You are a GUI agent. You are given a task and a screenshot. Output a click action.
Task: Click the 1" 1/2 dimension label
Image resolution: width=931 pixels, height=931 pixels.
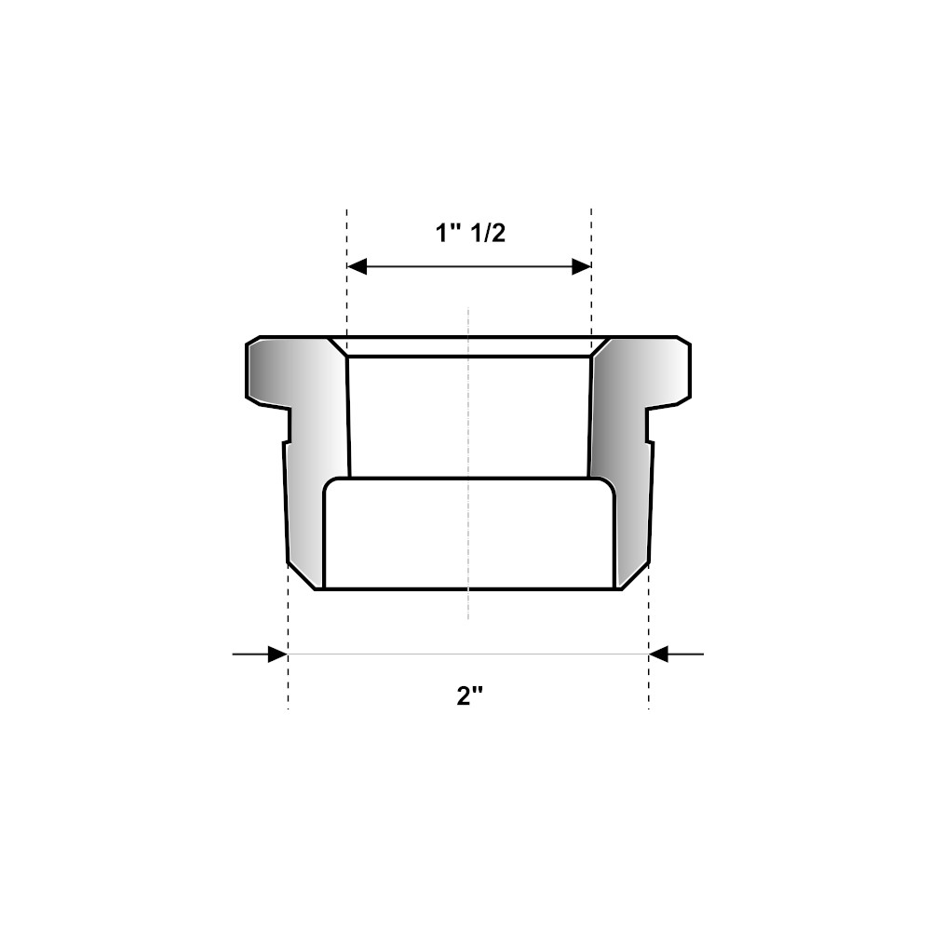470,234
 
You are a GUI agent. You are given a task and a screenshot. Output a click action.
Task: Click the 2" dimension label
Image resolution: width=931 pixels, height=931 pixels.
467,696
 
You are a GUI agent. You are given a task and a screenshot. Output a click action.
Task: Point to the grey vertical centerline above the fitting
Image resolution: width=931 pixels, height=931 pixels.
468,320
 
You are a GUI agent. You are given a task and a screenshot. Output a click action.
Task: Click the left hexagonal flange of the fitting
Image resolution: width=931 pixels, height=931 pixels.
270,372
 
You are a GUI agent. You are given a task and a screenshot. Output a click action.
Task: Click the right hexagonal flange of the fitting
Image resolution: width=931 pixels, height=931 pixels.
666,372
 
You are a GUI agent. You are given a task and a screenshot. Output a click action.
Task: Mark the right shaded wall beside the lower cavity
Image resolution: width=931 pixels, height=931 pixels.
631,521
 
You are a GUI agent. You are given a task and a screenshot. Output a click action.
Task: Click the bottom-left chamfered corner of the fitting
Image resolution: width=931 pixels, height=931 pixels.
303,576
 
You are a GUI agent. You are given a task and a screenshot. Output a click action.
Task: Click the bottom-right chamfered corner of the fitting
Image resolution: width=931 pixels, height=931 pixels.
634,576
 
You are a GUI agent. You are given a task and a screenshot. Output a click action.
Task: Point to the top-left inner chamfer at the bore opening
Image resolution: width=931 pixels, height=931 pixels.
337,346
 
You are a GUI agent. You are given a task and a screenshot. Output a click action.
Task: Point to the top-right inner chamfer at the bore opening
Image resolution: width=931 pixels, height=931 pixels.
600,346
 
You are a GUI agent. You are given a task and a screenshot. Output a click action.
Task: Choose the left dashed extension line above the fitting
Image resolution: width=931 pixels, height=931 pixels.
346,233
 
